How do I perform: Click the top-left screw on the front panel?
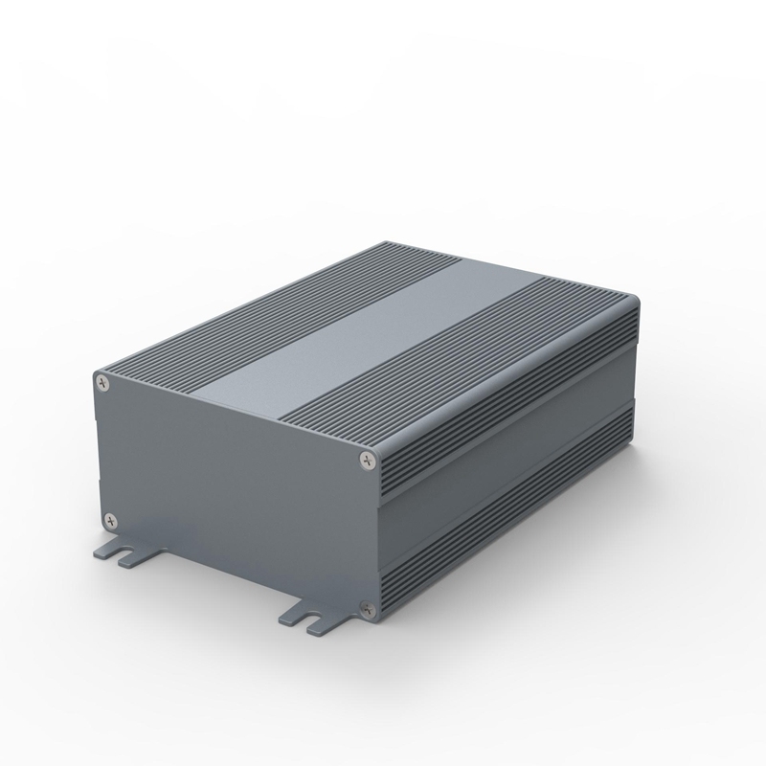[103, 385]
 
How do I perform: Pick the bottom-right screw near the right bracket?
[364, 605]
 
